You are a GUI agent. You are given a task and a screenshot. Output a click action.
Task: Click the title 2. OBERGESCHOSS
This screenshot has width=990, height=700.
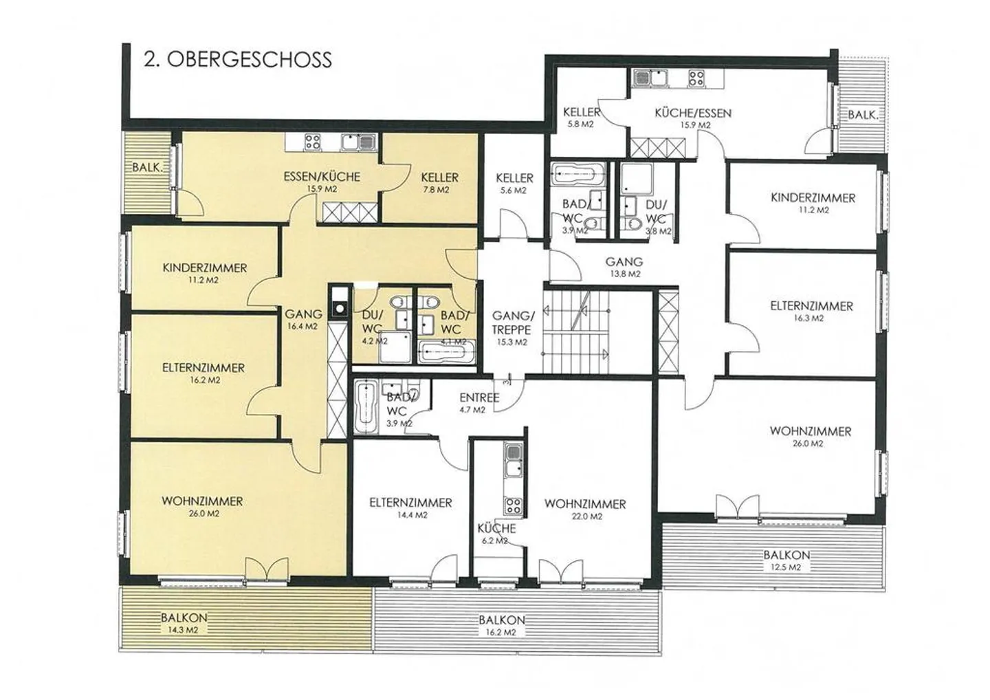237,60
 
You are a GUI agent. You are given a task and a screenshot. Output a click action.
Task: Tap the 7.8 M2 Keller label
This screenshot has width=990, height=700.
439,183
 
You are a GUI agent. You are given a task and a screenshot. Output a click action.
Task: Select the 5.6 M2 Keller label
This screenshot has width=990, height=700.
514,184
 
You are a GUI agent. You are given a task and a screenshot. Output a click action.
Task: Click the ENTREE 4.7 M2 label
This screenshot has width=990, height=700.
479,403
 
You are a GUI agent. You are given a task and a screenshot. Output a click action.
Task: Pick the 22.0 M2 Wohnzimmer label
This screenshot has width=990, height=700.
585,510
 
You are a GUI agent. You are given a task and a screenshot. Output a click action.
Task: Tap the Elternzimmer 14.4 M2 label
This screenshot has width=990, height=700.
410,508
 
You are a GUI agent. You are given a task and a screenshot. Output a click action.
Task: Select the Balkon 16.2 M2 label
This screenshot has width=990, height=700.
502,625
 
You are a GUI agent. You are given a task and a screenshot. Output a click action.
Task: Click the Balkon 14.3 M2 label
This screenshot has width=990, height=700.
184,623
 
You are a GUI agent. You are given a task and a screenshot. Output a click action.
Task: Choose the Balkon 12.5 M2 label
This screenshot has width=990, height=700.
786,560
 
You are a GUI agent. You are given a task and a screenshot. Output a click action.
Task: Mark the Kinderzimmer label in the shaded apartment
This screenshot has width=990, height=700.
205,273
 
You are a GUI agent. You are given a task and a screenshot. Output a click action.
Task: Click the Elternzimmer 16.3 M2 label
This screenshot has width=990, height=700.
811,311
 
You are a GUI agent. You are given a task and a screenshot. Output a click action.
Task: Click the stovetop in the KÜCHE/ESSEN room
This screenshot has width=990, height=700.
696,78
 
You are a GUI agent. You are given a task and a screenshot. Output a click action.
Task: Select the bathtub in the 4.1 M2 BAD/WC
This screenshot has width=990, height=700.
447,353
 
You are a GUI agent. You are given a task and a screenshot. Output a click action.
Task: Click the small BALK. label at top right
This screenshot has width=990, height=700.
862,115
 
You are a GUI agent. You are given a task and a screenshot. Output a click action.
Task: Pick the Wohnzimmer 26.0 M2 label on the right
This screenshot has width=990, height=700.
811,437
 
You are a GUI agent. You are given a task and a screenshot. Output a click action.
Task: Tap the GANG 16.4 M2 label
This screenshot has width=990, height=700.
303,320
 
